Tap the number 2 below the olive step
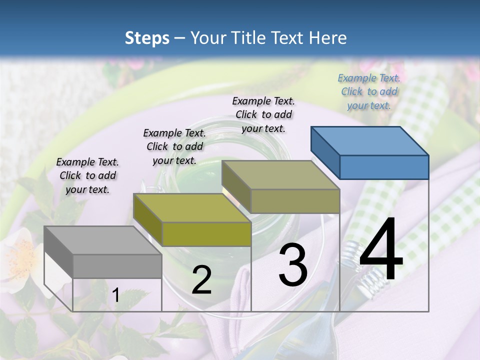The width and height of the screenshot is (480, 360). pyautogui.click(x=201, y=280)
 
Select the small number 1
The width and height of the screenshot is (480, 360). pyautogui.click(x=116, y=295)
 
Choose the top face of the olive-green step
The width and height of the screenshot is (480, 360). pyautogui.click(x=192, y=207)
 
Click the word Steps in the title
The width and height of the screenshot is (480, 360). pyautogui.click(x=147, y=38)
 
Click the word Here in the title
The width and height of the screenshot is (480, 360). pyautogui.click(x=327, y=38)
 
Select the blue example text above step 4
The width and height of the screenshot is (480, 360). pyautogui.click(x=369, y=91)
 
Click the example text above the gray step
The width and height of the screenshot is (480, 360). pyautogui.click(x=87, y=175)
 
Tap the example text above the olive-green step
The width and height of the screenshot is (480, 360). pyautogui.click(x=174, y=146)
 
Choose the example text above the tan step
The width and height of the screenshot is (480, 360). pyautogui.click(x=263, y=114)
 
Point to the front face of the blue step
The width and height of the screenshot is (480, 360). pyautogui.click(x=384, y=167)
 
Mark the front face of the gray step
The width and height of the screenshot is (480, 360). pyautogui.click(x=117, y=266)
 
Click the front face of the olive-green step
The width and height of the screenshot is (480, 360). pyautogui.click(x=206, y=234)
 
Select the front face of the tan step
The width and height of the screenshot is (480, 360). pyautogui.click(x=295, y=201)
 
